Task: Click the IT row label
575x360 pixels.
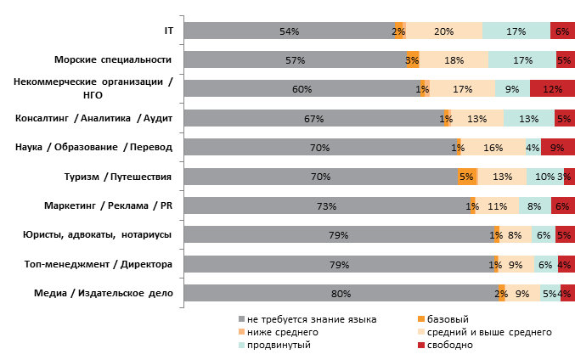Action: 168,31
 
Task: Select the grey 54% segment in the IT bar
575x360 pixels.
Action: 289,31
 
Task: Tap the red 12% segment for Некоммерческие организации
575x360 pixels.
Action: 552,89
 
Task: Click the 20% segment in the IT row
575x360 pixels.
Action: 443,31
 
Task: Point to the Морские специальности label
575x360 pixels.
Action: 113,60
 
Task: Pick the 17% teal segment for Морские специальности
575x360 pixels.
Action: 522,60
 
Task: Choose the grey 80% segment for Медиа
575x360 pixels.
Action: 341,294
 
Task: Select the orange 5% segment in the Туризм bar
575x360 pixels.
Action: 467,177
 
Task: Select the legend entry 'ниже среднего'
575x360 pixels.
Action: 283,333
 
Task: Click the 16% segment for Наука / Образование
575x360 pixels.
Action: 493,148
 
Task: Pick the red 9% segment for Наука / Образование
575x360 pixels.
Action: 558,148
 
